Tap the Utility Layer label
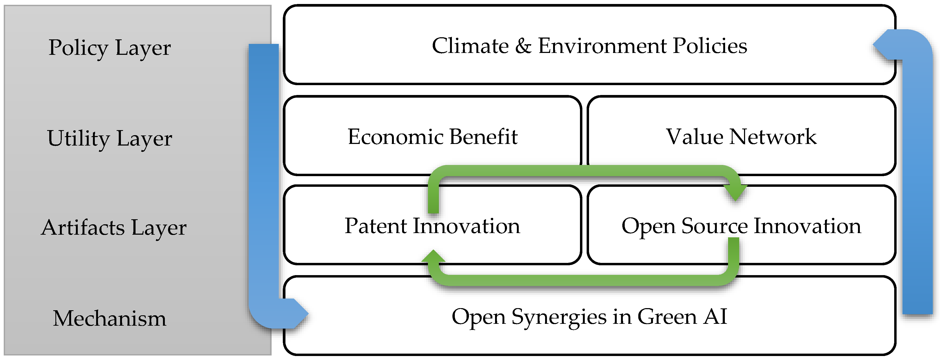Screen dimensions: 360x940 coord(109,138)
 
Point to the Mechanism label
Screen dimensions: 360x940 coord(109,318)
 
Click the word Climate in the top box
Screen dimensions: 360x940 coord(470,46)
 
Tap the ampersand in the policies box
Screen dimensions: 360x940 coord(523,46)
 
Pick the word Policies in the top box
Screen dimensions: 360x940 coord(710,46)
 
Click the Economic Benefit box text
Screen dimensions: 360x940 coord(432,137)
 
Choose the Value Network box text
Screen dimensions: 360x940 coord(741,137)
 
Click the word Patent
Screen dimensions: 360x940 coord(375,226)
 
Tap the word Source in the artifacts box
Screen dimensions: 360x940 coord(714,226)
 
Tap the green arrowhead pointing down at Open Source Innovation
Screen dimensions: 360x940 coord(735,192)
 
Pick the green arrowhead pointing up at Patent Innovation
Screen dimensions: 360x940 coord(433,257)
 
